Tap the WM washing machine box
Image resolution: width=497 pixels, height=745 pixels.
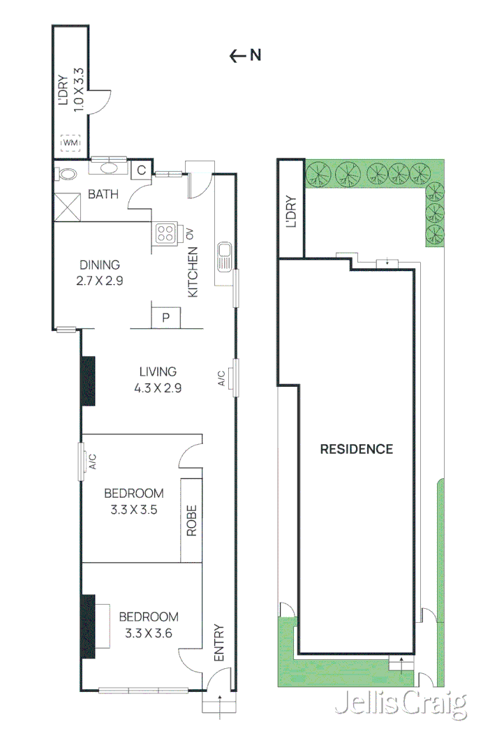[71, 143]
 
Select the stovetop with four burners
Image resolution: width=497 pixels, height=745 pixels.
[167, 233]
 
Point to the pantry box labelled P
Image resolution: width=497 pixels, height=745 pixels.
[166, 318]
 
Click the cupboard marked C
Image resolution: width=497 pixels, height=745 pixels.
[140, 170]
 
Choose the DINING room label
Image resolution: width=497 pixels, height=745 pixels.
[99, 265]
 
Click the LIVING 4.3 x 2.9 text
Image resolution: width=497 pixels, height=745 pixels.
[158, 381]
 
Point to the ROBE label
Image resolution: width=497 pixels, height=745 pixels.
[191, 520]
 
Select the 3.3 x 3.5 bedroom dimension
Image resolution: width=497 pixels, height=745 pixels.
[133, 510]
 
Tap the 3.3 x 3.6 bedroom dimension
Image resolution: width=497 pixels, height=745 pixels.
[148, 634]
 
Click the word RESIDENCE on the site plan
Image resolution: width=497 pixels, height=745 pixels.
[356, 449]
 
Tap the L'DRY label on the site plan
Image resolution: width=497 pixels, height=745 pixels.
[291, 212]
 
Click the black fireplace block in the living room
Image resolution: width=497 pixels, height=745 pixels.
[88, 381]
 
